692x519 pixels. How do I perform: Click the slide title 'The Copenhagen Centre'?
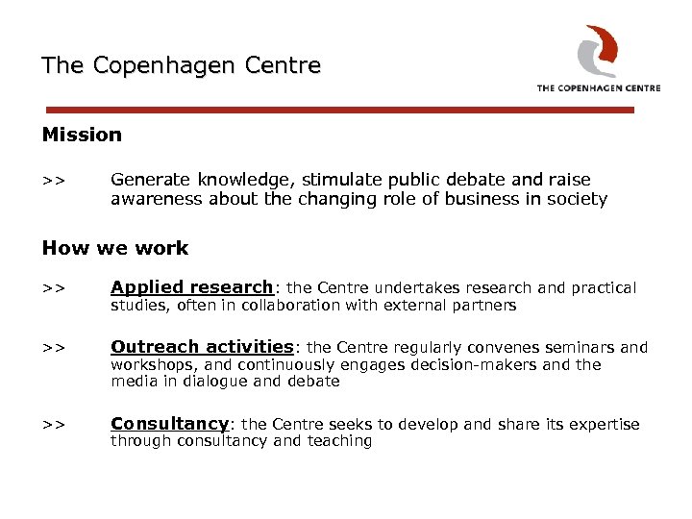click(181, 65)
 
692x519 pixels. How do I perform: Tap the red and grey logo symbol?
click(598, 52)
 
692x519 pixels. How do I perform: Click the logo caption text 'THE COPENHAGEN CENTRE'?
click(598, 87)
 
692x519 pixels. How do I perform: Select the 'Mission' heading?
click(82, 135)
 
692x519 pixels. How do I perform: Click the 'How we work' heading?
click(114, 248)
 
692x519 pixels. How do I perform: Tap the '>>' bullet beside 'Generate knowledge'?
click(53, 180)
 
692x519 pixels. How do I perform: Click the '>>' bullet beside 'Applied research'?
click(53, 287)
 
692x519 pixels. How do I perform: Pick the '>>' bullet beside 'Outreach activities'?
click(53, 347)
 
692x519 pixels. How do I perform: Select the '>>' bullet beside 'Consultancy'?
click(53, 424)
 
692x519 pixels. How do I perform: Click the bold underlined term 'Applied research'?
click(191, 287)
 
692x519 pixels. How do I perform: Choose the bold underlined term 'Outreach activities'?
click(202, 347)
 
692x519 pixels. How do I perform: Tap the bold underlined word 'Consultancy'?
click(170, 424)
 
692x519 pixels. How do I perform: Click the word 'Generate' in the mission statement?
click(151, 180)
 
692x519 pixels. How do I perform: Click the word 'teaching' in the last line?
click(339, 441)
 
